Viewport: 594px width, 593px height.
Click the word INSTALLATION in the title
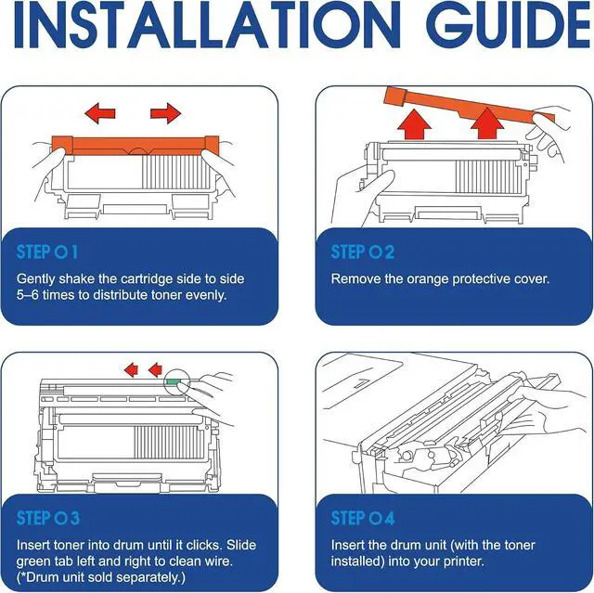click(x=207, y=25)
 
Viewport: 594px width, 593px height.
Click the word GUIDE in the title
click(x=510, y=25)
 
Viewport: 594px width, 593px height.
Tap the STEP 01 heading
click(x=47, y=252)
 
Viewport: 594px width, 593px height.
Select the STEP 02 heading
click(x=363, y=252)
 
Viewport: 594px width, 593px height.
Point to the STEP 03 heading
click(x=47, y=518)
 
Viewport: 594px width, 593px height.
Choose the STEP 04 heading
click(x=363, y=518)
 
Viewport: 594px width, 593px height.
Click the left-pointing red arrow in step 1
click(x=99, y=113)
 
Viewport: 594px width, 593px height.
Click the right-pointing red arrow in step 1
click(x=165, y=113)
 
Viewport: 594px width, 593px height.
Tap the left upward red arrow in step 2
click(x=415, y=124)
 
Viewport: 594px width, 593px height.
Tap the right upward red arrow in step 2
click(x=486, y=123)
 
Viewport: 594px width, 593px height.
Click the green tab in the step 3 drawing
click(x=173, y=381)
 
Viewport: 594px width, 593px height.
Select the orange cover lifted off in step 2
click(x=468, y=104)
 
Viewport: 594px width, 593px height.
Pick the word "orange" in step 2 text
click(x=428, y=279)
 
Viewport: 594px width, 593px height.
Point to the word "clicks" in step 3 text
click(x=204, y=545)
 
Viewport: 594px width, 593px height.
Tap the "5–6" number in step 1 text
click(x=27, y=295)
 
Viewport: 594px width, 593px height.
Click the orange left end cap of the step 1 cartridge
click(x=62, y=145)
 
